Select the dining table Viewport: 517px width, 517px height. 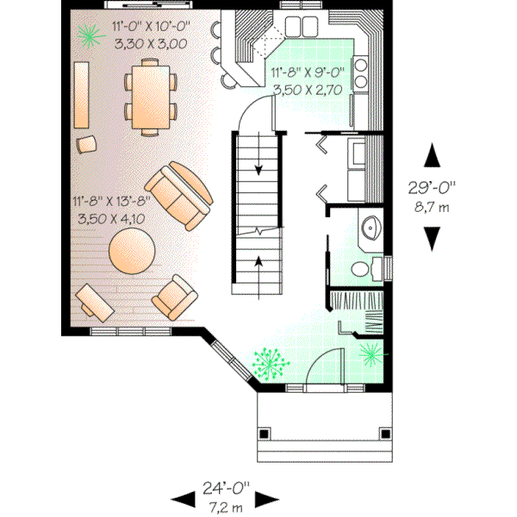pos(152,96)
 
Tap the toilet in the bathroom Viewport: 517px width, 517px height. pos(376,269)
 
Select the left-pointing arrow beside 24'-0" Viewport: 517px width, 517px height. pos(182,498)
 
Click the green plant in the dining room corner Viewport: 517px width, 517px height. pos(86,34)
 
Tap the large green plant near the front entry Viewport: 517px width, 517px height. pos(270,364)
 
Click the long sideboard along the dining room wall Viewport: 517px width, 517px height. pos(84,95)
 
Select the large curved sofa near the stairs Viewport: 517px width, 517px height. pos(178,195)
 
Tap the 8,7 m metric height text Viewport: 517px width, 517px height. pos(432,208)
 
